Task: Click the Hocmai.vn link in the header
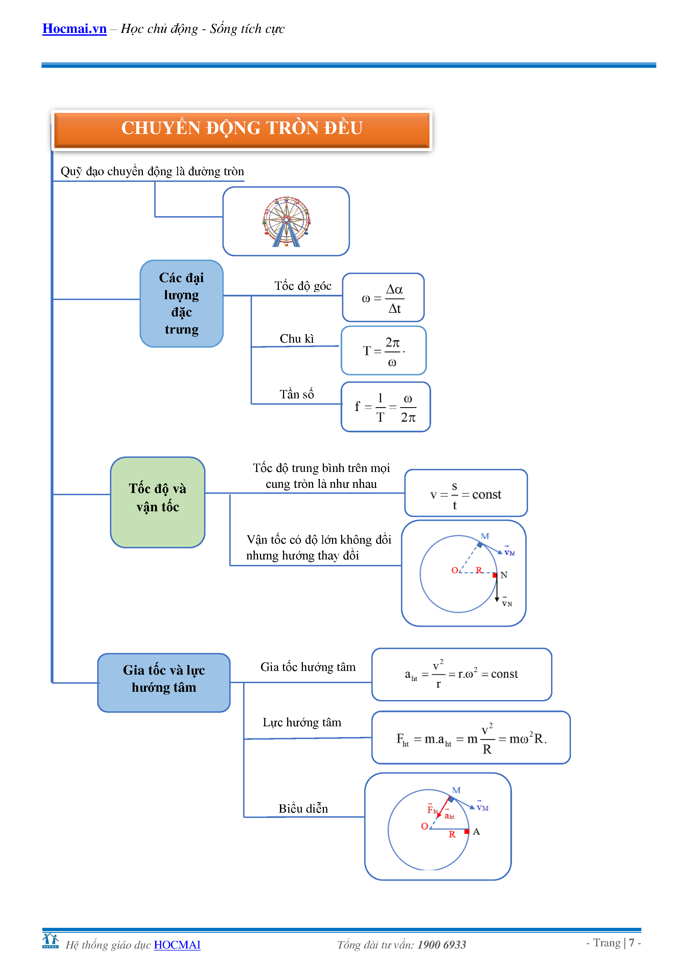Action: [x=74, y=29]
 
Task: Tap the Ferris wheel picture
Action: [x=286, y=221]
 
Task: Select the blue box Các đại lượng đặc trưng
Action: [x=181, y=304]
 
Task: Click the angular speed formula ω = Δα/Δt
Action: [x=383, y=298]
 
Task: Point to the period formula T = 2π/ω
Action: [x=383, y=351]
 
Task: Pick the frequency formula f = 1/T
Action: [x=385, y=407]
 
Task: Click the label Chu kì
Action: [x=297, y=339]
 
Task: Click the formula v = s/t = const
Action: [x=466, y=494]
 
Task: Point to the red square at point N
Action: [x=495, y=575]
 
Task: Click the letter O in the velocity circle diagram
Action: [x=455, y=570]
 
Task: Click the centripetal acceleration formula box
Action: [x=462, y=674]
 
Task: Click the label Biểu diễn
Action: [x=303, y=809]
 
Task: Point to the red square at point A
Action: [x=467, y=831]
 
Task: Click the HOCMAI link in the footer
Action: [x=177, y=945]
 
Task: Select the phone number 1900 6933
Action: [x=442, y=945]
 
